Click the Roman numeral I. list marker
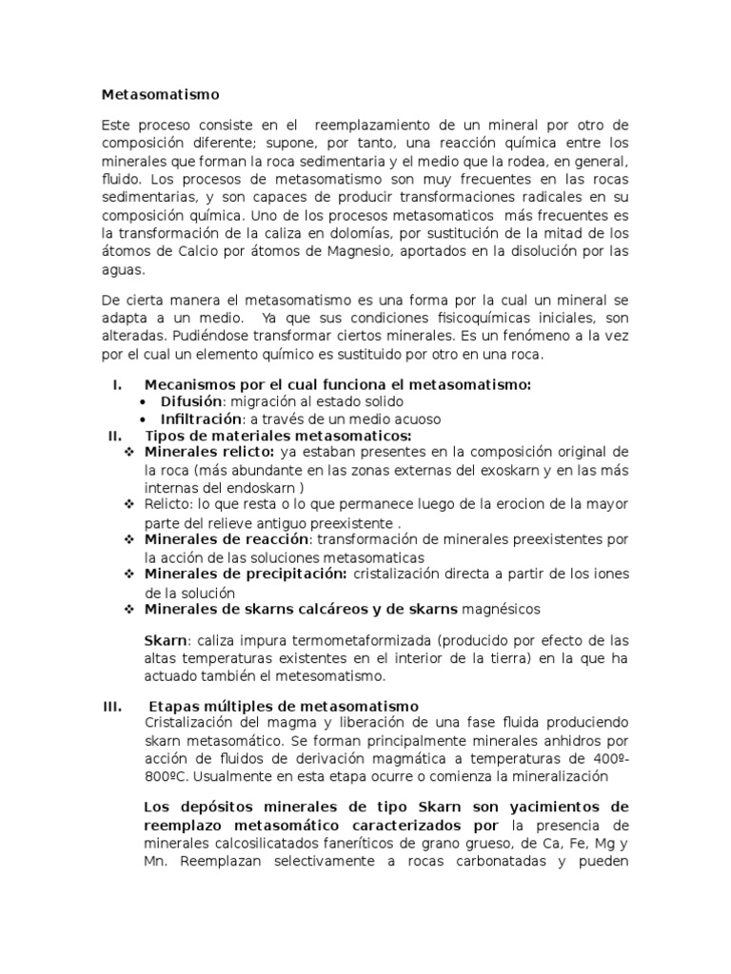click(118, 384)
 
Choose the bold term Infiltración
click(201, 419)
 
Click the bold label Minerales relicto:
click(209, 451)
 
